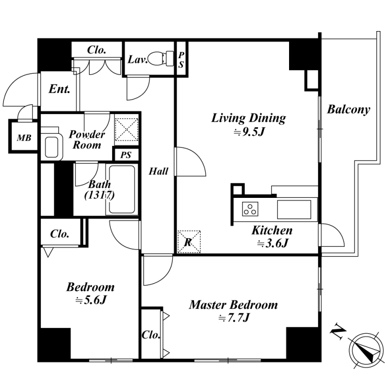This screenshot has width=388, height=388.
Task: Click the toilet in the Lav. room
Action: [162, 59]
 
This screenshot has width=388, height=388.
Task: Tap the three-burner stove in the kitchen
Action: [250, 209]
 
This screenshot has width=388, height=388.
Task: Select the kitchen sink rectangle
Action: [294, 210]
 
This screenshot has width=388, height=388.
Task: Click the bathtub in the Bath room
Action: [122, 189]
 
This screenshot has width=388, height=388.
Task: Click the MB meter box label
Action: [24, 138]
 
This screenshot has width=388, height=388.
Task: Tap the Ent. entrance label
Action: [59, 89]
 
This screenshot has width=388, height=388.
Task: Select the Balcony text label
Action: [349, 110]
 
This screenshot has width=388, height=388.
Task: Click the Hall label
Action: [159, 171]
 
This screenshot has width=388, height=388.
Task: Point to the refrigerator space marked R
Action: [189, 242]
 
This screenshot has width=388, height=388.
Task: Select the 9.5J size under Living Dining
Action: [249, 132]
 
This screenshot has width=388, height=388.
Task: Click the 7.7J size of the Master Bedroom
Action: [234, 318]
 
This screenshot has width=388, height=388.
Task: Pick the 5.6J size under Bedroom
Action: [91, 300]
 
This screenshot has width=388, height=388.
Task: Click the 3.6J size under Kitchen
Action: [273, 244]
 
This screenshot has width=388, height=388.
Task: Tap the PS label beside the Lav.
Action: [181, 60]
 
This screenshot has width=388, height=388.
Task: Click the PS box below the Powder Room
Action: [126, 155]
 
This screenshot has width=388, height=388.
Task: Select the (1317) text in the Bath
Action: [99, 195]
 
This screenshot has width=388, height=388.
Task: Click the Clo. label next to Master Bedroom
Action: [151, 335]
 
